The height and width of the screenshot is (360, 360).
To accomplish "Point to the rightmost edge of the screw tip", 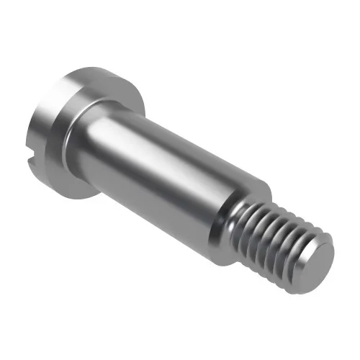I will (336, 252).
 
